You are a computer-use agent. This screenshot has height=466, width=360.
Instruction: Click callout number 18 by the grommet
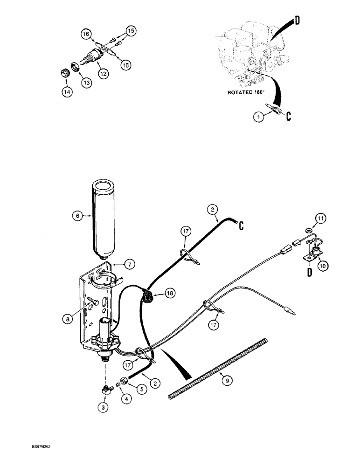(170, 293)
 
